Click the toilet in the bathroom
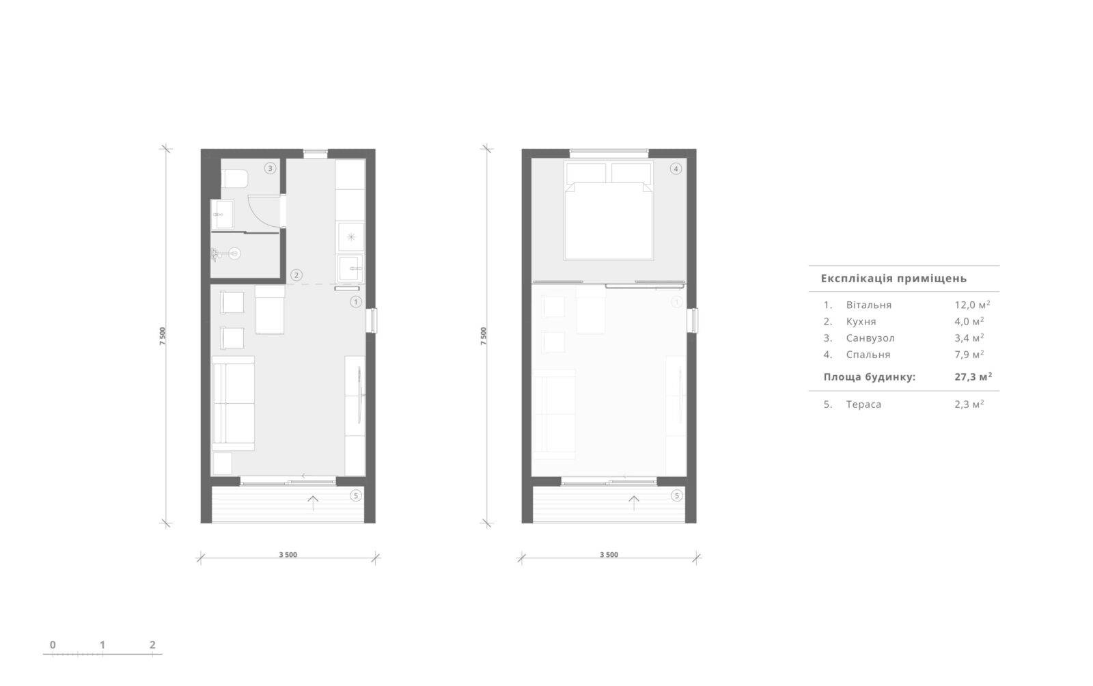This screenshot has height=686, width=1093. pos(234,178)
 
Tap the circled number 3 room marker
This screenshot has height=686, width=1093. pos(270,168)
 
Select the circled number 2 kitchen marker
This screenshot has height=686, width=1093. pos(296,275)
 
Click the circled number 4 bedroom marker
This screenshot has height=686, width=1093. pos(676,169)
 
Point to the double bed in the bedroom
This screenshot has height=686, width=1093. pos(609,210)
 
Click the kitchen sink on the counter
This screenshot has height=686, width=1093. pos(351,269)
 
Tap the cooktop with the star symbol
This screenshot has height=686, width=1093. pos(351,237)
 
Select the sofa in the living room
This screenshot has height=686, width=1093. pos(233,404)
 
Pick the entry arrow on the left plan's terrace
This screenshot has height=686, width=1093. pos(313,503)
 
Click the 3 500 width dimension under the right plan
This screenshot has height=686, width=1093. pos(609,555)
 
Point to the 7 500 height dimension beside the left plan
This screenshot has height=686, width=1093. pos(163,336)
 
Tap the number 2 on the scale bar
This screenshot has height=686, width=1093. pos(152,644)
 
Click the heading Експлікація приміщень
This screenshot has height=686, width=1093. pos(894,279)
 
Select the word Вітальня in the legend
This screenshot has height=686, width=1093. pos(868,305)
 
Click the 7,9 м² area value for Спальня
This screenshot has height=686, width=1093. pos(969,354)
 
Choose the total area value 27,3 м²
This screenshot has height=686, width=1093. pos(973,376)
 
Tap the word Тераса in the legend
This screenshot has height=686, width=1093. pos(863,404)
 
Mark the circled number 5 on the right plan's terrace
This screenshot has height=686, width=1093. pos(677,496)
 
